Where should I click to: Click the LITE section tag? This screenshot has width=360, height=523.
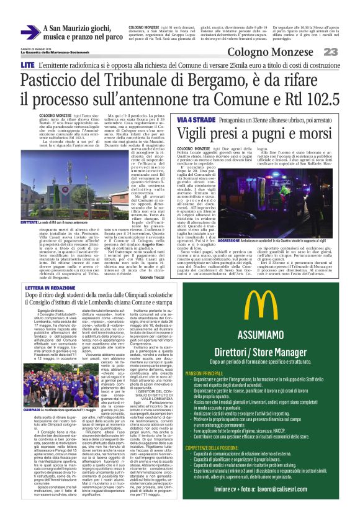27,65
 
